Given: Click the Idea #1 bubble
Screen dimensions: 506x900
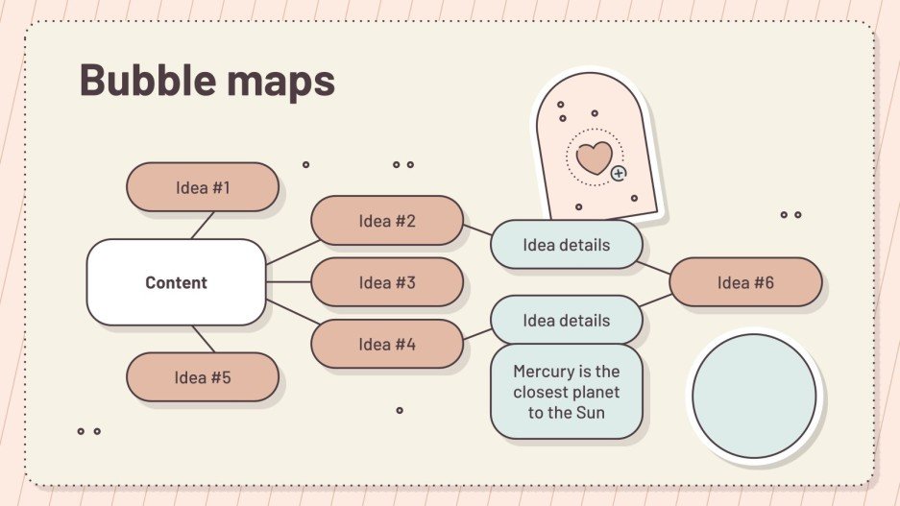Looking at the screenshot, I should pyautogui.click(x=203, y=187).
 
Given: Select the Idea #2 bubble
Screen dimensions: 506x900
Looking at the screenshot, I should pyautogui.click(x=387, y=221).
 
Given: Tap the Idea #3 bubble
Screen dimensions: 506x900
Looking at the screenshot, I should pyautogui.click(x=387, y=282).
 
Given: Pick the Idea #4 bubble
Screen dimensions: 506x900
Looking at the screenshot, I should pyautogui.click(x=387, y=344).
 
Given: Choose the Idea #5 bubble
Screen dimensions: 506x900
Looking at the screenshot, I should pyautogui.click(x=203, y=377).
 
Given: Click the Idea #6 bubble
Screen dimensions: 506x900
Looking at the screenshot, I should pyautogui.click(x=745, y=282).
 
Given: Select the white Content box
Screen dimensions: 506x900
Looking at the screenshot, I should pyautogui.click(x=176, y=282).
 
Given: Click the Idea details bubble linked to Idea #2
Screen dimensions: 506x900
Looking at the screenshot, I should pyautogui.click(x=566, y=245).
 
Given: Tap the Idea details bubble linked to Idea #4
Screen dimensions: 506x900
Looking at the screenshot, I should pyautogui.click(x=566, y=320).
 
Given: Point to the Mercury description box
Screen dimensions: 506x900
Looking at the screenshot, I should pyautogui.click(x=566, y=393).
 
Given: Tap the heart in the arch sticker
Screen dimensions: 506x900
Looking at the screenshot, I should pyautogui.click(x=594, y=157).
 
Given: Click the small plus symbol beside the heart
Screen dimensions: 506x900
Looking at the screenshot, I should pyautogui.click(x=619, y=174).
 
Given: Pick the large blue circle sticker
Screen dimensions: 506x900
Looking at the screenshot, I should pyautogui.click(x=754, y=396).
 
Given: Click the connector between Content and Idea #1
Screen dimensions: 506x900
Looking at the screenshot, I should pyautogui.click(x=202, y=225).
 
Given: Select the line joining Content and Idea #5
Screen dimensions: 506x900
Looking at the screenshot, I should pyautogui.click(x=203, y=339).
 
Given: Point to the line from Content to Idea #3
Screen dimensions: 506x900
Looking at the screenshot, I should pyautogui.click(x=288, y=282).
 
